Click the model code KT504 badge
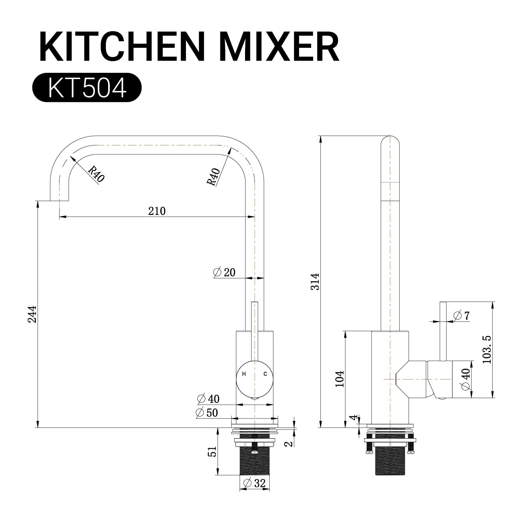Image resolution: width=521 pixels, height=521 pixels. coord(87,88)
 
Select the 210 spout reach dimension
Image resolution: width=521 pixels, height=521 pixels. coord(157,211)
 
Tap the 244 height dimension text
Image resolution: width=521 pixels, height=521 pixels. coord(32,314)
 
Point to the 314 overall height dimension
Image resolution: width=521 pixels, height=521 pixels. coord(315,282)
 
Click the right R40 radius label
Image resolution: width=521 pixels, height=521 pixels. coord(214,177)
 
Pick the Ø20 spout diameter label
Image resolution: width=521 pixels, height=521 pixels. coord(224,272)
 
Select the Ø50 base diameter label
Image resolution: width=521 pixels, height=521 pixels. coord(207,413)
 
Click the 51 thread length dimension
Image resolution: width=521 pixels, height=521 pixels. coord(212,452)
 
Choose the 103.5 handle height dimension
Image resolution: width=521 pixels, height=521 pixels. coord(487,349)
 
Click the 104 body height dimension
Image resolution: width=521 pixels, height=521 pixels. coord(339,379)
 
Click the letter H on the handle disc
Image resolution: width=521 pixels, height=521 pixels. coord(244,374)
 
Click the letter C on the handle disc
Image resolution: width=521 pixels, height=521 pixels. coord(265,374)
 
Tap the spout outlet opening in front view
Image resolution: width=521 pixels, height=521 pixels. coord(59,200)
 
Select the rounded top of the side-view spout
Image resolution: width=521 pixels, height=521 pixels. coord(390,141)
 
